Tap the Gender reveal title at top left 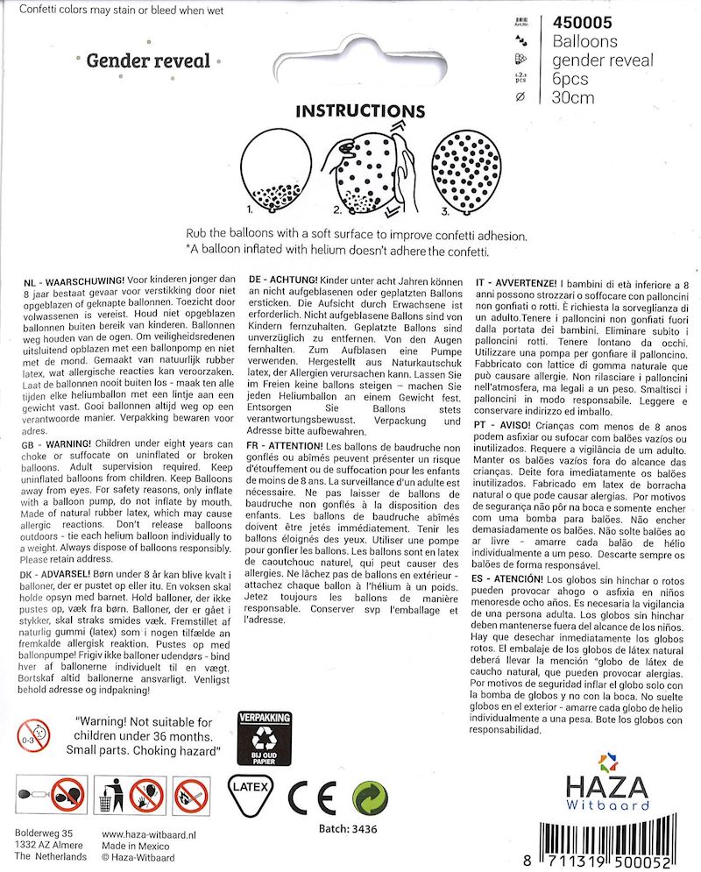(x=148, y=60)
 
